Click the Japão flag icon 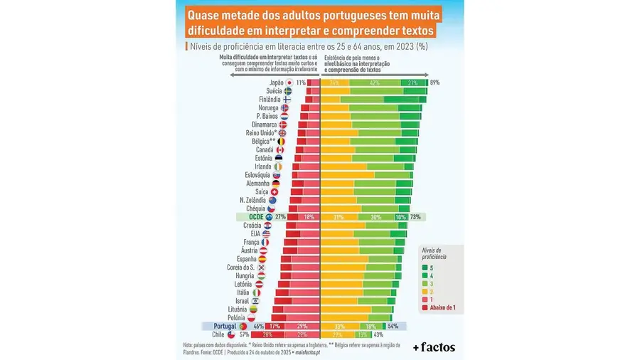tap(289, 83)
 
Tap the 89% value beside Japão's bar tap(434, 83)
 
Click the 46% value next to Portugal tap(257, 325)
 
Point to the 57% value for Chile tap(244, 334)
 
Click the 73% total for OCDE tap(415, 217)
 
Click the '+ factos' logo tap(433, 347)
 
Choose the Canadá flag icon tap(279, 150)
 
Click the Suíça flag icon tap(274, 192)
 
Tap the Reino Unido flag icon tap(282, 133)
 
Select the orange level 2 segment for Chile tap(337, 334)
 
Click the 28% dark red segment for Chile tap(268, 334)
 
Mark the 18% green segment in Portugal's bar tap(370, 325)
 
